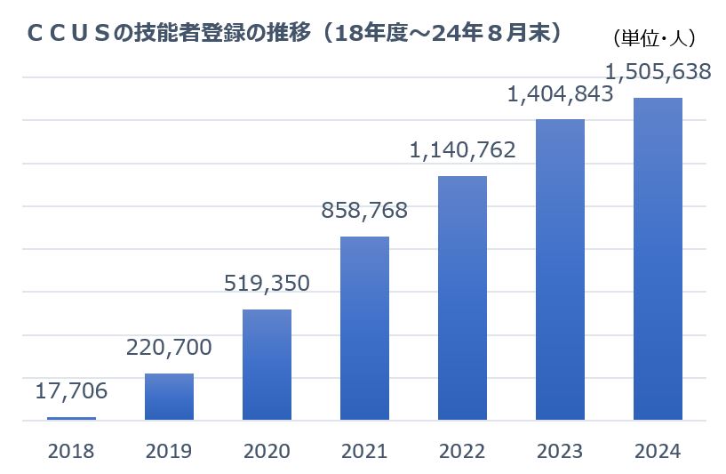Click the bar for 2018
(71, 418)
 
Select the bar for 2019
(169, 397)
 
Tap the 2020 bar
(267, 365)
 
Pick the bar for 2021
(364, 328)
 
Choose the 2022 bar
(462, 298)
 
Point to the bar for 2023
(560, 269)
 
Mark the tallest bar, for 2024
(658, 259)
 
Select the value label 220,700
(168, 347)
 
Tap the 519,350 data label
(266, 284)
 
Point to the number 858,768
(363, 211)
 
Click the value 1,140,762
(462, 150)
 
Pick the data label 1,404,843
(560, 93)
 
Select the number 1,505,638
(658, 71)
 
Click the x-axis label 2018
(71, 451)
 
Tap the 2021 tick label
(364, 451)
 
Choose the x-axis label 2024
(658, 451)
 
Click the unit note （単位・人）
(654, 38)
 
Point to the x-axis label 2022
(462, 451)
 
